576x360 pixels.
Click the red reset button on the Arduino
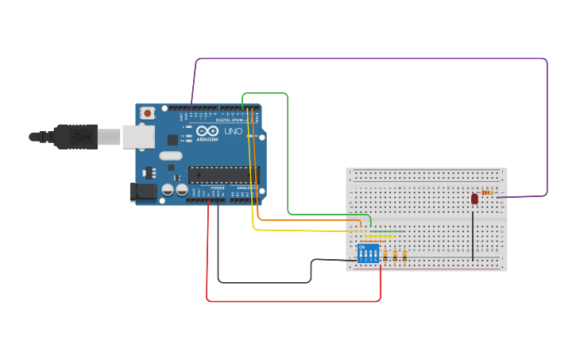point(147,114)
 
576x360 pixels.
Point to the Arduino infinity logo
point(207,131)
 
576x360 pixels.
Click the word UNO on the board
point(233,131)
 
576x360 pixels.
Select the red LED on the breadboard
point(474,198)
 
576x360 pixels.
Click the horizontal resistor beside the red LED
point(487,192)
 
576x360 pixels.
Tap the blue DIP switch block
point(367,254)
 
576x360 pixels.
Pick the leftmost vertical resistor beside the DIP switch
point(385,255)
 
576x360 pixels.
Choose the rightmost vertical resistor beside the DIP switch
point(404,255)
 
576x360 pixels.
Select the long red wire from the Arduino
point(294,301)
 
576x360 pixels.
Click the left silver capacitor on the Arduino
point(168,190)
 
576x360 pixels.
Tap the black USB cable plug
point(75,137)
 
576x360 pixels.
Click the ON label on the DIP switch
point(362,246)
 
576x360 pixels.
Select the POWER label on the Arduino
point(217,188)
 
